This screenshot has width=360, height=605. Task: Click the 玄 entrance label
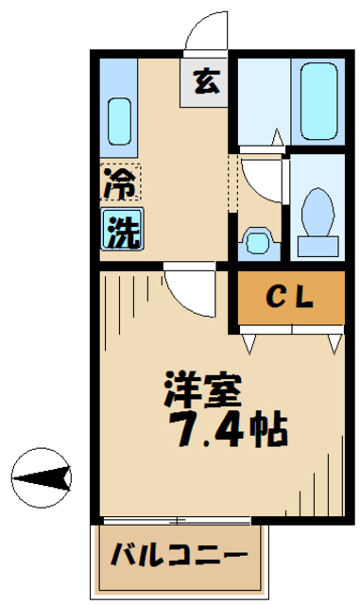coord(206,83)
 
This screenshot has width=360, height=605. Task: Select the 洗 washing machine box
coord(121,231)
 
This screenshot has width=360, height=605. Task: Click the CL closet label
coord(288,299)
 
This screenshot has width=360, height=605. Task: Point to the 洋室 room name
coord(203,389)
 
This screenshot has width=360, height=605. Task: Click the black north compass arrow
coord(43,480)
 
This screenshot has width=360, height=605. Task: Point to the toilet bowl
coord(318,214)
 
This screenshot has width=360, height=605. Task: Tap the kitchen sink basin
coord(118,118)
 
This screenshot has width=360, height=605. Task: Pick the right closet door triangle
coord(333,342)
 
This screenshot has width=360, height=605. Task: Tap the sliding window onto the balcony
coord(175,520)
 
